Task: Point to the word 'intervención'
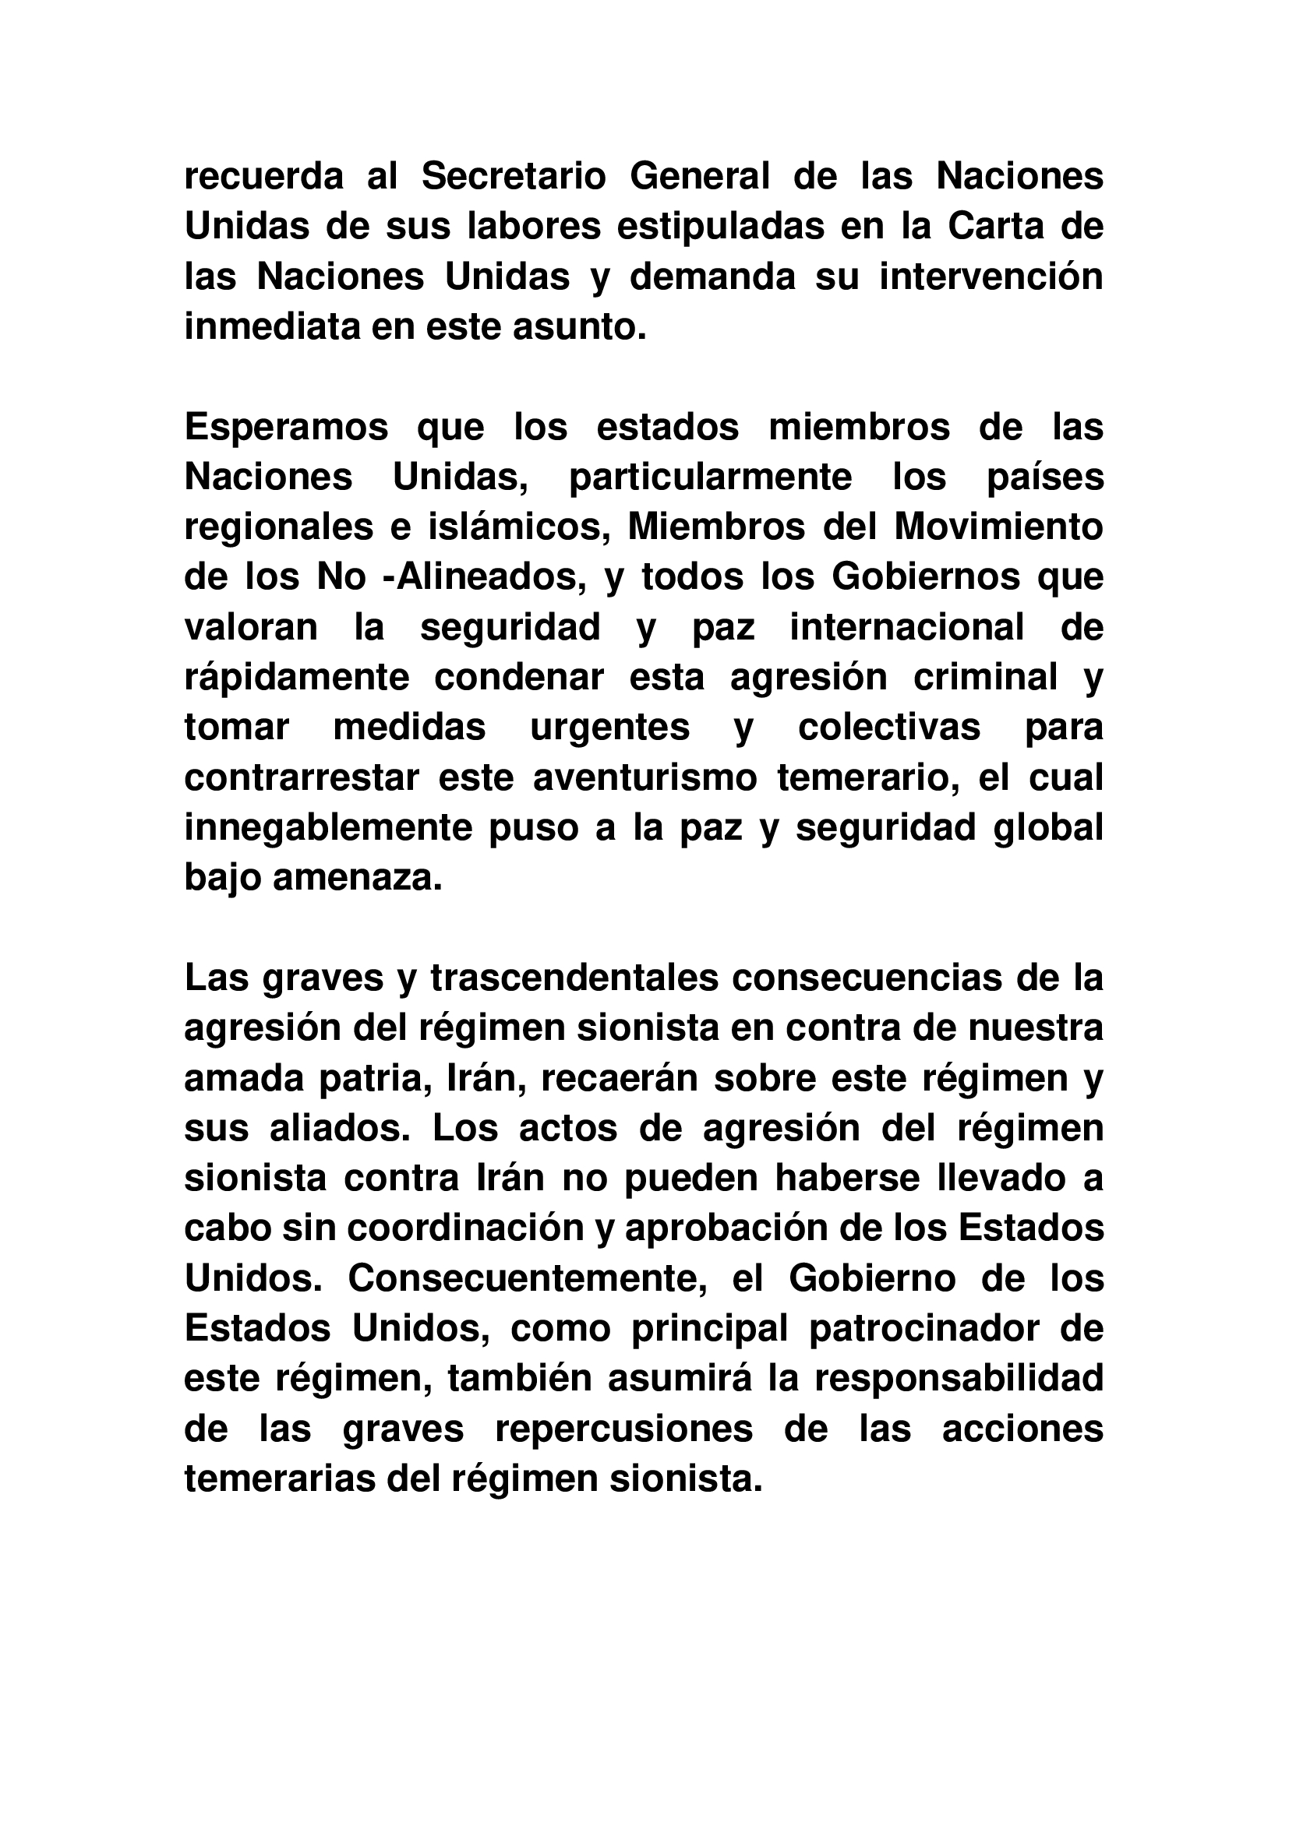[991, 277]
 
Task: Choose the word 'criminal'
[986, 678]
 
